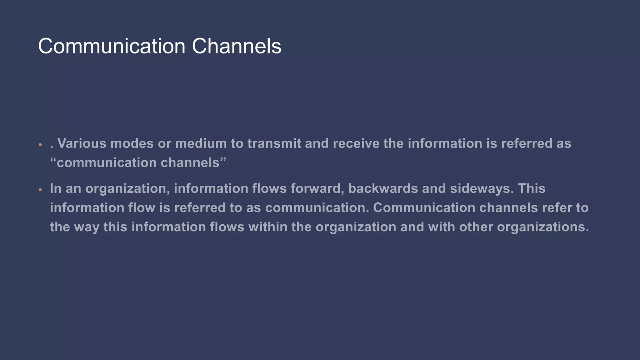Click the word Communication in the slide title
112,46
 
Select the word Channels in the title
236,46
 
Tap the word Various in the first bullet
82,143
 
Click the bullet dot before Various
40,145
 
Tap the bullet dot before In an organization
40,190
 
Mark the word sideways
482,188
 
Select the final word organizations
543,227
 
